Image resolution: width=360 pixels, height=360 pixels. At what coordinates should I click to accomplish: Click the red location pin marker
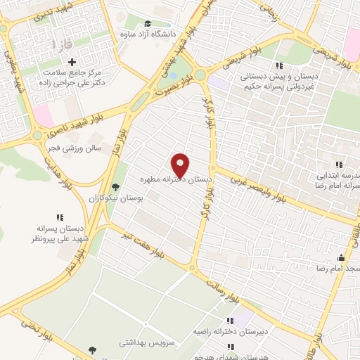180,165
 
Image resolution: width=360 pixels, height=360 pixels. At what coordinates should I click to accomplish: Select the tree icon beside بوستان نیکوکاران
115,187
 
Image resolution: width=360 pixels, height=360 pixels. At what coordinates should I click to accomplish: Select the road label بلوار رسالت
224,285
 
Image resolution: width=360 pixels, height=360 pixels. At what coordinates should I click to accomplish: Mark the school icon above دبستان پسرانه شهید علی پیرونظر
60,217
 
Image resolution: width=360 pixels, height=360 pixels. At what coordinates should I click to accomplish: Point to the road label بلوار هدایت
62,184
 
